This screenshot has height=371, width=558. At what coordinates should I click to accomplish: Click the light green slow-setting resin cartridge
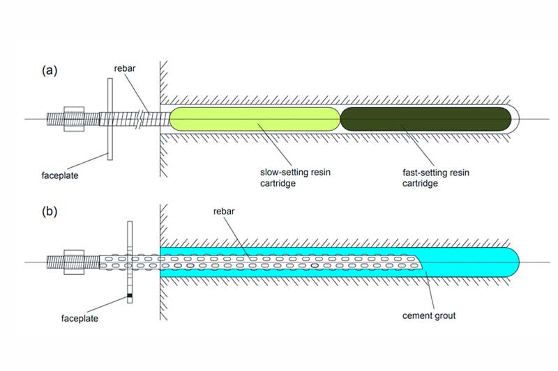[x=255, y=119]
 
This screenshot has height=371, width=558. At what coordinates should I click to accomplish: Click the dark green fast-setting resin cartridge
[x=426, y=119]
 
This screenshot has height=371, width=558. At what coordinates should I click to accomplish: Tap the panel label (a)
[x=50, y=70]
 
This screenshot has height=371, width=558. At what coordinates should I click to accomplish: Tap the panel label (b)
[x=50, y=212]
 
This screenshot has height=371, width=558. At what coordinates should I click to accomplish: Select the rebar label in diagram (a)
[x=125, y=68]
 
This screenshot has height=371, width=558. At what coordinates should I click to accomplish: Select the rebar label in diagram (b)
[x=224, y=211]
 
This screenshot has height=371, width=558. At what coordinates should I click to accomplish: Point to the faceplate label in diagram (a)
[x=60, y=175]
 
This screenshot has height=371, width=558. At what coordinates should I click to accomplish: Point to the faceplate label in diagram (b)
[x=80, y=319]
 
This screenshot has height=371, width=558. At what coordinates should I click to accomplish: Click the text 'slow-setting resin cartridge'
[x=295, y=178]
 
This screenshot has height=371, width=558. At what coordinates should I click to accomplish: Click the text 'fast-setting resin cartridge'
[x=436, y=178]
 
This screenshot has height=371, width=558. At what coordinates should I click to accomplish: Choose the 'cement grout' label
[x=429, y=315]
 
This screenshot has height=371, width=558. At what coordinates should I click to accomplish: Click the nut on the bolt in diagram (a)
[x=74, y=119]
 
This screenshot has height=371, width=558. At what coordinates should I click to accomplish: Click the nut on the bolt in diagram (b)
[x=74, y=262]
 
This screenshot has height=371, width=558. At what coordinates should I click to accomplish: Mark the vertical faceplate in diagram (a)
[x=110, y=119]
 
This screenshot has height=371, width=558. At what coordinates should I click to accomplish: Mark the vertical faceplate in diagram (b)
[x=130, y=262]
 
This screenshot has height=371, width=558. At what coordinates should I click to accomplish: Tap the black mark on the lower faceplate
[x=130, y=295]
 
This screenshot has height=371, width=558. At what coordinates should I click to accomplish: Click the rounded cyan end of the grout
[x=513, y=262]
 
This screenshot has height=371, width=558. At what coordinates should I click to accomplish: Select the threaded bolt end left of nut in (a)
[x=55, y=119]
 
